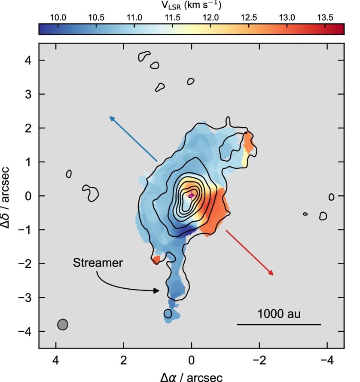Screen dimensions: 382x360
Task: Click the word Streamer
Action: click(x=98, y=263)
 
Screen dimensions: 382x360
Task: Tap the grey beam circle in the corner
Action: click(x=63, y=324)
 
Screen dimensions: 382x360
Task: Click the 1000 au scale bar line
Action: click(x=279, y=324)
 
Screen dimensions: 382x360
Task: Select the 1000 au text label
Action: click(x=279, y=313)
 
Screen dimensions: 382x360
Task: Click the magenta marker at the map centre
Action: click(x=192, y=196)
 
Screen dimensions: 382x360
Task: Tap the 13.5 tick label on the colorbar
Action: click(x=325, y=18)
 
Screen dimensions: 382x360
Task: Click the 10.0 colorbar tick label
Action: click(x=58, y=18)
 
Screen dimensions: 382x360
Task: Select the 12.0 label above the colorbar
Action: click(x=211, y=18)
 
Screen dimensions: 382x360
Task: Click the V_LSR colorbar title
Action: click(x=192, y=5)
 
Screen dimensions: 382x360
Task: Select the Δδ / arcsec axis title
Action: click(x=8, y=196)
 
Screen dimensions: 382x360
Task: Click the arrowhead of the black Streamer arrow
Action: click(x=158, y=291)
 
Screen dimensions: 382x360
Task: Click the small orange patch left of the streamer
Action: click(x=156, y=260)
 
